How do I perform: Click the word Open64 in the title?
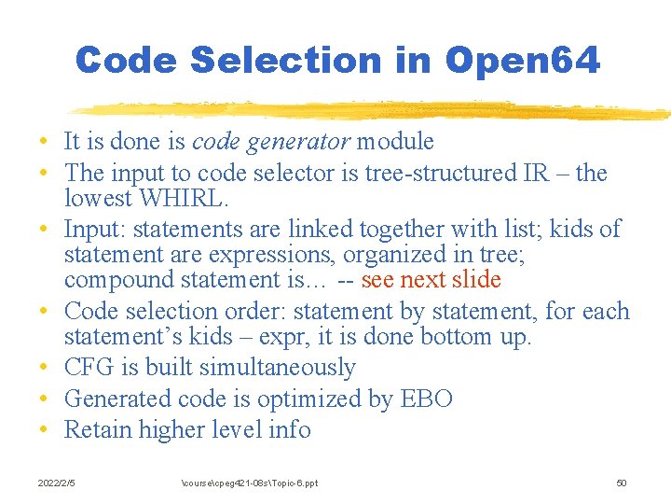tap(522, 62)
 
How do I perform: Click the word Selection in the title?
tap(285, 62)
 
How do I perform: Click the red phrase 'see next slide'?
tap(431, 280)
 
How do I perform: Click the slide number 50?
tap(622, 483)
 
